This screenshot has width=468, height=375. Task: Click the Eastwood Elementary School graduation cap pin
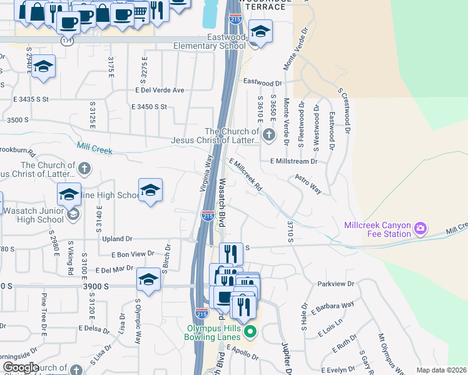[x=260, y=31]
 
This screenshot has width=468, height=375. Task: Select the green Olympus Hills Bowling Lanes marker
[x=250, y=331]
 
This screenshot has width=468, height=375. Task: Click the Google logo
[x=21, y=367]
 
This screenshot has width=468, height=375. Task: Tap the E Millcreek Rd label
[x=245, y=174]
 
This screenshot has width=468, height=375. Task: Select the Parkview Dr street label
[x=336, y=284]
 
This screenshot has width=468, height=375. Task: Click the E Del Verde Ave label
[x=160, y=90]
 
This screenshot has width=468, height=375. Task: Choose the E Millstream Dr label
[x=294, y=161]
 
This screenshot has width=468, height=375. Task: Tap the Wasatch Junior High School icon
[x=73, y=215]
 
